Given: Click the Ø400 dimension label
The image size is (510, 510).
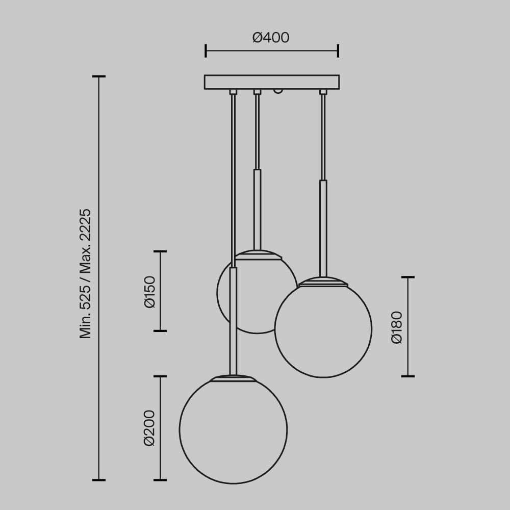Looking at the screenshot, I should [271, 38].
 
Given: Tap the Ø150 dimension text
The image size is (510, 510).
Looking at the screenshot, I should [150, 292].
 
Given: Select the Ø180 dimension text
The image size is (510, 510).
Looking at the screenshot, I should [397, 327].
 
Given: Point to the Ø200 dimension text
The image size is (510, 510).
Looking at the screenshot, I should [149, 428].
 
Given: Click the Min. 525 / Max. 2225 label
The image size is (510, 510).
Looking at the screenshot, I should [85, 273].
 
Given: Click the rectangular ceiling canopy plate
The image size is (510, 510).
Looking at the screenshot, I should [271, 82].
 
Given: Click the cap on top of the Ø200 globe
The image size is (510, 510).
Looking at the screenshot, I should [233, 378].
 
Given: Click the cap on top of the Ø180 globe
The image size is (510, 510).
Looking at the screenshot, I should [323, 282].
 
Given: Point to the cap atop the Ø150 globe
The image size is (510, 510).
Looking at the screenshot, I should [258, 254].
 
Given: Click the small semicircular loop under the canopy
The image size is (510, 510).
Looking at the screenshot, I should [278, 91].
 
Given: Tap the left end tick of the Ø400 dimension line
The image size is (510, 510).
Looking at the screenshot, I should [206, 51].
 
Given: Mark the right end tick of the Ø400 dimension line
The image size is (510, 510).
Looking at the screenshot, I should [338, 51].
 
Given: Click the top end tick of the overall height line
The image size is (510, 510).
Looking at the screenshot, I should [99, 76].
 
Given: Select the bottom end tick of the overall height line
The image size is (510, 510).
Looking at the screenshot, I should [99, 480].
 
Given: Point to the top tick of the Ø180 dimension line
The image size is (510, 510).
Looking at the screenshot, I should [407, 277].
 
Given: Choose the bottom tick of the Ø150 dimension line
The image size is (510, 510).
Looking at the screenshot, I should [160, 331].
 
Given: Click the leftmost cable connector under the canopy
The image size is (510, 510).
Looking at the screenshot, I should [233, 92].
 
